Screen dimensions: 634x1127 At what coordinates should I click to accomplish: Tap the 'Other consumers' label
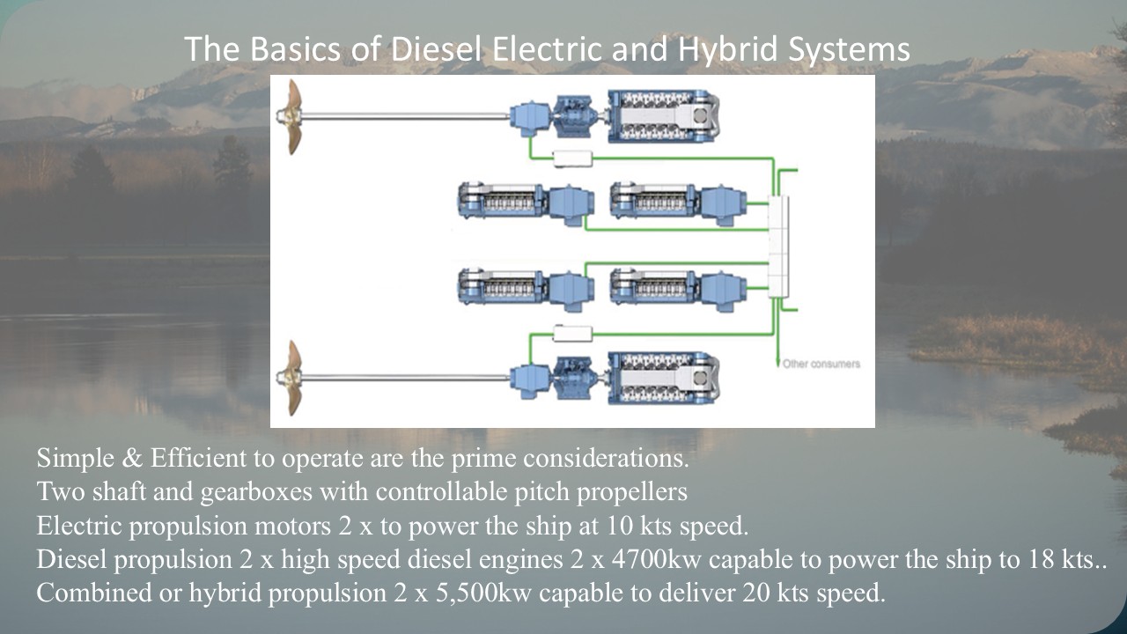pos(821,364)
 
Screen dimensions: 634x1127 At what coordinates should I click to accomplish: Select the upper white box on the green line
pos(571,157)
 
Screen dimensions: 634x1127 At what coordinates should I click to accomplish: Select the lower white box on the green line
pos(571,332)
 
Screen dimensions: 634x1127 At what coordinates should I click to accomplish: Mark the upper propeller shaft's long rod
pos(405,114)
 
